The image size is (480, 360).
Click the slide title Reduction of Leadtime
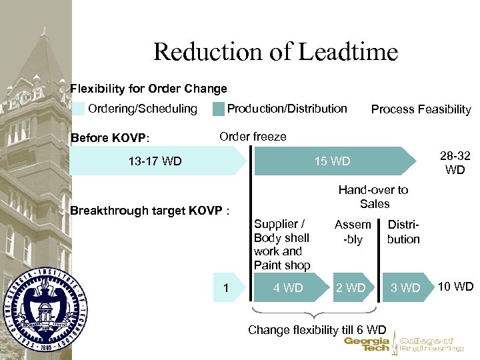pos(275,51)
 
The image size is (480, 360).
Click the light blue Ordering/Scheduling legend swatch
pos(79,109)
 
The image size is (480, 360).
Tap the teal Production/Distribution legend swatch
pos(218,109)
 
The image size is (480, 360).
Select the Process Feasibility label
pos(421,109)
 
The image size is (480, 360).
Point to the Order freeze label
pos(253,137)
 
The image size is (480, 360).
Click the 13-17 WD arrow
pos(155,161)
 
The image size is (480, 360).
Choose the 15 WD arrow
pos(331,161)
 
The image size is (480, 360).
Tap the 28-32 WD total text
pos(455,163)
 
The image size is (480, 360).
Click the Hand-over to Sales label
pos(373,197)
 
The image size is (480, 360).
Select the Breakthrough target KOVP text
pos(150,211)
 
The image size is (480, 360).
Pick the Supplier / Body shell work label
pos(282,245)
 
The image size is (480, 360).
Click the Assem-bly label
pos(352,231)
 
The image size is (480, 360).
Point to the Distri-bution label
pos(403,231)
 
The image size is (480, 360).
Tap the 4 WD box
pos(289,288)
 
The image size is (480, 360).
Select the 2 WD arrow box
pos(351,288)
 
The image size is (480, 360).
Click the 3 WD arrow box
pos(405,288)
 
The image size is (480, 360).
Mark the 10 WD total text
pos(455,287)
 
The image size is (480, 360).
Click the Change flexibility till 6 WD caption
pos(317,330)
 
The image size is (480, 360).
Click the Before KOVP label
pos(110,138)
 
